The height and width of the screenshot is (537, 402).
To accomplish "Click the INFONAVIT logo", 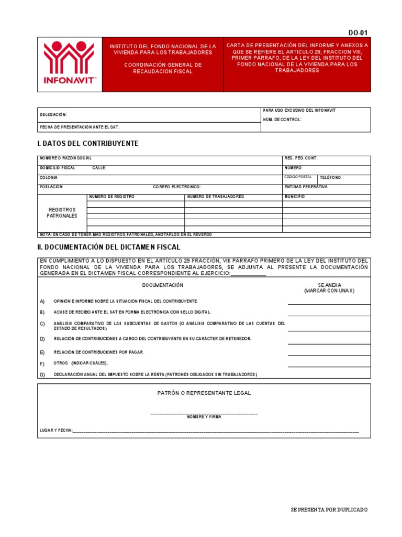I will (x=69, y=64).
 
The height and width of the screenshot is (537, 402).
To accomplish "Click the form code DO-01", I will (x=358, y=33).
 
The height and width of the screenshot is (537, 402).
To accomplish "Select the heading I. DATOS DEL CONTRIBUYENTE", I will (x=88, y=144).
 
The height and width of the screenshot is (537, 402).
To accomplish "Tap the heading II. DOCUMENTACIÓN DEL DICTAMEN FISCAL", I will (x=109, y=247).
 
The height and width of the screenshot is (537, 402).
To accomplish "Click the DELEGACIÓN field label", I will (x=53, y=114).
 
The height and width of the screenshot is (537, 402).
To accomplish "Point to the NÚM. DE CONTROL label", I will (x=282, y=120).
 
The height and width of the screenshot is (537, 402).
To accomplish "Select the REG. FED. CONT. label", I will (x=300, y=158).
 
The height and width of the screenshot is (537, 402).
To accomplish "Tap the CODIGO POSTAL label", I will (x=298, y=177).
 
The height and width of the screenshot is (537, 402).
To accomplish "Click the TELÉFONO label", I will (x=330, y=178).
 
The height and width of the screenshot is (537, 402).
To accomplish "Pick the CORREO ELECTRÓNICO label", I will (x=177, y=187).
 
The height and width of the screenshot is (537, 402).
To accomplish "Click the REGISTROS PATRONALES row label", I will (x=62, y=212).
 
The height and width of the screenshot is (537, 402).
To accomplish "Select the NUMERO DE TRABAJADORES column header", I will (x=216, y=197).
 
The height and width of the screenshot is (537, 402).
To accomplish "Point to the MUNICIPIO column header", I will (x=295, y=197).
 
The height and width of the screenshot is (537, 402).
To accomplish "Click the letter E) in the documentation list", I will (x=42, y=352).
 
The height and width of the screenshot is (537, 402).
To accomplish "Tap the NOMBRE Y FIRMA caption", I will (x=204, y=417).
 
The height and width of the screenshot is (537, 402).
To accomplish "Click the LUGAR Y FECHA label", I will (x=55, y=431).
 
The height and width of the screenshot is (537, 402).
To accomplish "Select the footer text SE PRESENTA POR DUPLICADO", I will (x=329, y=510).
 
